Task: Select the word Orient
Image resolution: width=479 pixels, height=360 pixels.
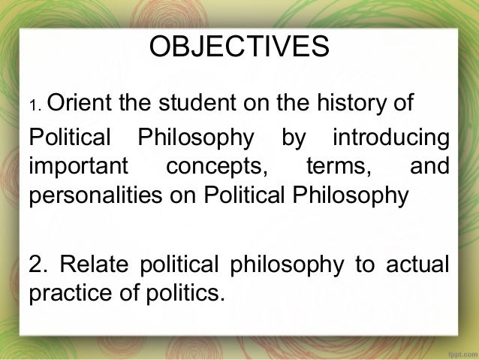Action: pyautogui.click(x=78, y=101)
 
